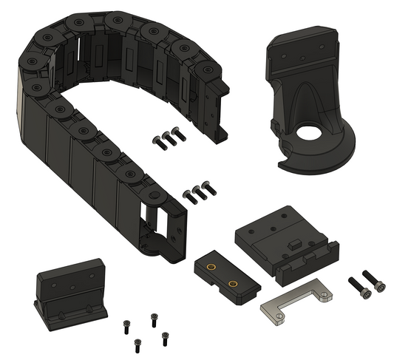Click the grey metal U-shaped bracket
click(x=295, y=303)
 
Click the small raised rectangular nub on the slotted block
click(x=293, y=243)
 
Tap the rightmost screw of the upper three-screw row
click(x=178, y=134)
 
